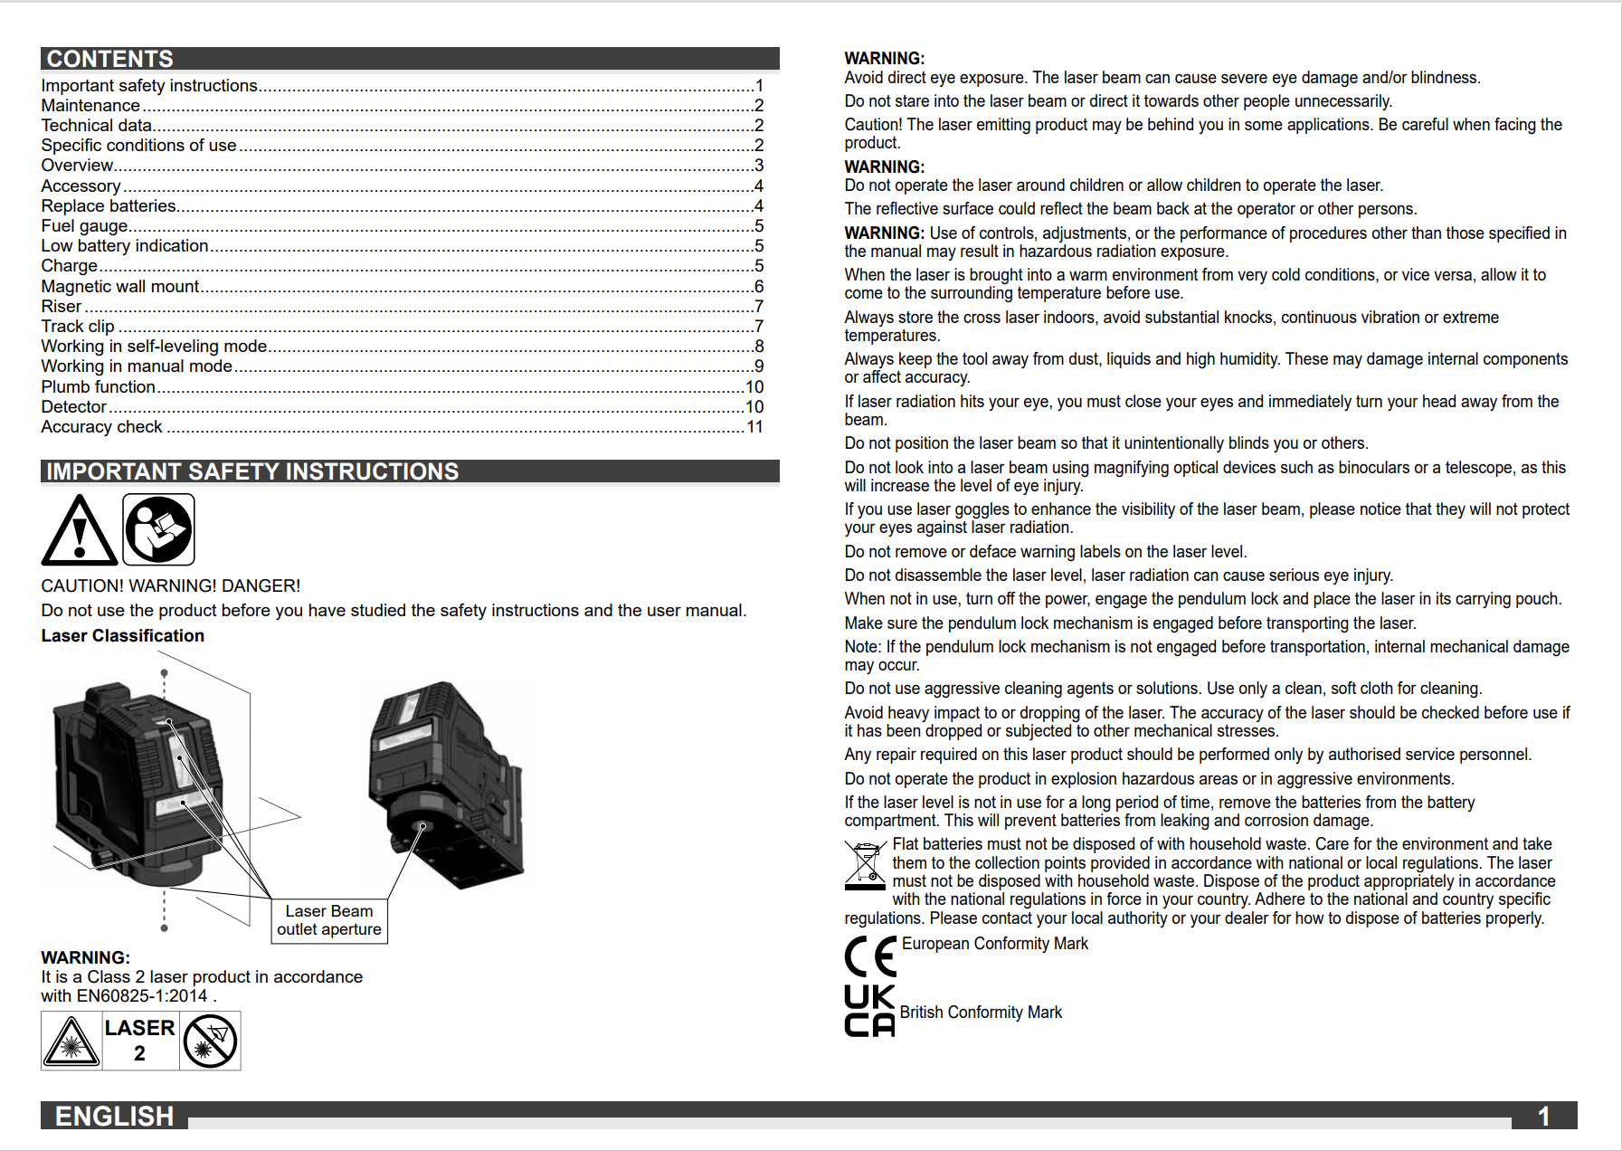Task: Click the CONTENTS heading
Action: [x=109, y=59]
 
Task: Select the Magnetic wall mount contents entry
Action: [x=120, y=287]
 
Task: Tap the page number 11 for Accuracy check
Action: [x=754, y=427]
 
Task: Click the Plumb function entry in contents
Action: [x=99, y=387]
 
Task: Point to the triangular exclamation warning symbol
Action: [x=80, y=531]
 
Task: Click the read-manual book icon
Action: [x=158, y=530]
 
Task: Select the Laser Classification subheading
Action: [x=123, y=636]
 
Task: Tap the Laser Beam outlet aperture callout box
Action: [x=329, y=920]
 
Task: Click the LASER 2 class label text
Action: [x=139, y=1041]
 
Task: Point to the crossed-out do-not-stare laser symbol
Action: [x=210, y=1041]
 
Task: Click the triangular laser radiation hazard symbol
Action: [x=71, y=1042]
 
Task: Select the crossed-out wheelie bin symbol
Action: [x=865, y=865]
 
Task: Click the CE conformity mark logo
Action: [x=870, y=956]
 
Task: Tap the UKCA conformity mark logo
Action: [x=869, y=1011]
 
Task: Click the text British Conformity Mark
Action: [x=981, y=1013]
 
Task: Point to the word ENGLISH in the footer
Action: [x=114, y=1116]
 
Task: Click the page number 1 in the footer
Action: [x=1544, y=1116]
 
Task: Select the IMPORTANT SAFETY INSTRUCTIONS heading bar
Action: [x=252, y=471]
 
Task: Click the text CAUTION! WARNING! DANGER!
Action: [x=171, y=586]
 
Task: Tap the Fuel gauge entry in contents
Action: [x=85, y=226]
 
